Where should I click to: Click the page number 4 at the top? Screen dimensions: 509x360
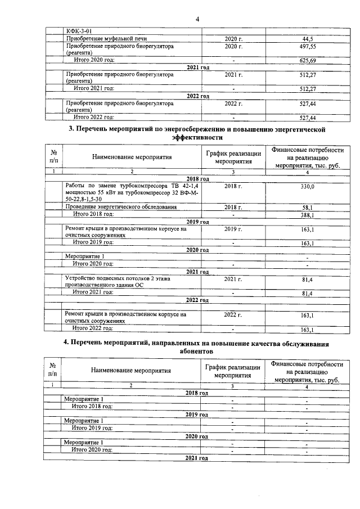click(197, 20)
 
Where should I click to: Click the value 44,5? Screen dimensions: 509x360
click(307, 38)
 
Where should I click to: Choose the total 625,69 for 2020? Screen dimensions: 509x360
click(307, 60)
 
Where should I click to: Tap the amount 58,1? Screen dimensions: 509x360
click(307, 208)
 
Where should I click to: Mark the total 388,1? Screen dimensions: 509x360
click(307, 215)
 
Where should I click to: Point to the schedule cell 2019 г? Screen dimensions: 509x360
click(232, 229)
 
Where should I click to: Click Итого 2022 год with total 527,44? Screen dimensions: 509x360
click(94, 118)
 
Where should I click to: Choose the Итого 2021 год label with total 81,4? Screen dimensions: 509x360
click(93, 292)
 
